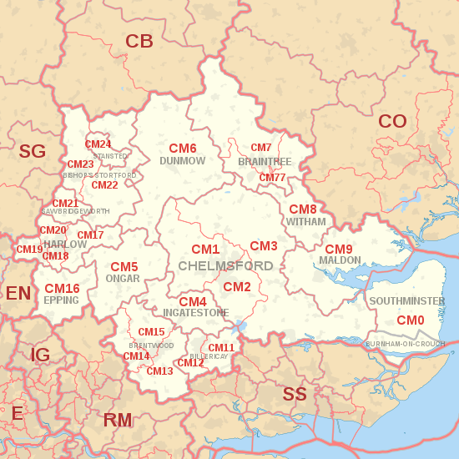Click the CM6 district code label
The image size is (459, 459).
coord(182,149)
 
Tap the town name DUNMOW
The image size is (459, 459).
coord(182,160)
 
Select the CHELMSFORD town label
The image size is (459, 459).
coord(225,266)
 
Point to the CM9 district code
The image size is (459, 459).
coord(339,250)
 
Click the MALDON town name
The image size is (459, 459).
coord(340,260)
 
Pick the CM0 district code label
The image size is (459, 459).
coord(410,320)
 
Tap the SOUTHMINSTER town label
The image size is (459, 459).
coord(406,301)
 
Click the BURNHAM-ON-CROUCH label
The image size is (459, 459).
coord(405,344)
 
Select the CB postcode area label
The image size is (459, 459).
coord(139,41)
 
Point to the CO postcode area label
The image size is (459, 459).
coord(392,122)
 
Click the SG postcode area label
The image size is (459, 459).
coord(33,151)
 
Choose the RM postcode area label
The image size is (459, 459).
coord(118,421)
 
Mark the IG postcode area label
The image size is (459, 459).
coord(40,356)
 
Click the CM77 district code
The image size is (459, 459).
coord(272,178)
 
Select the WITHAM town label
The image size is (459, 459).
coord(305,223)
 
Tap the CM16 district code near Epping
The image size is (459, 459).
coord(62,289)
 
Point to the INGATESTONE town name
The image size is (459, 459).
coord(195,313)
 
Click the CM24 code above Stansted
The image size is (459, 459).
coord(98,144)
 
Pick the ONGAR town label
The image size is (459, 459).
coord(123,279)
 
